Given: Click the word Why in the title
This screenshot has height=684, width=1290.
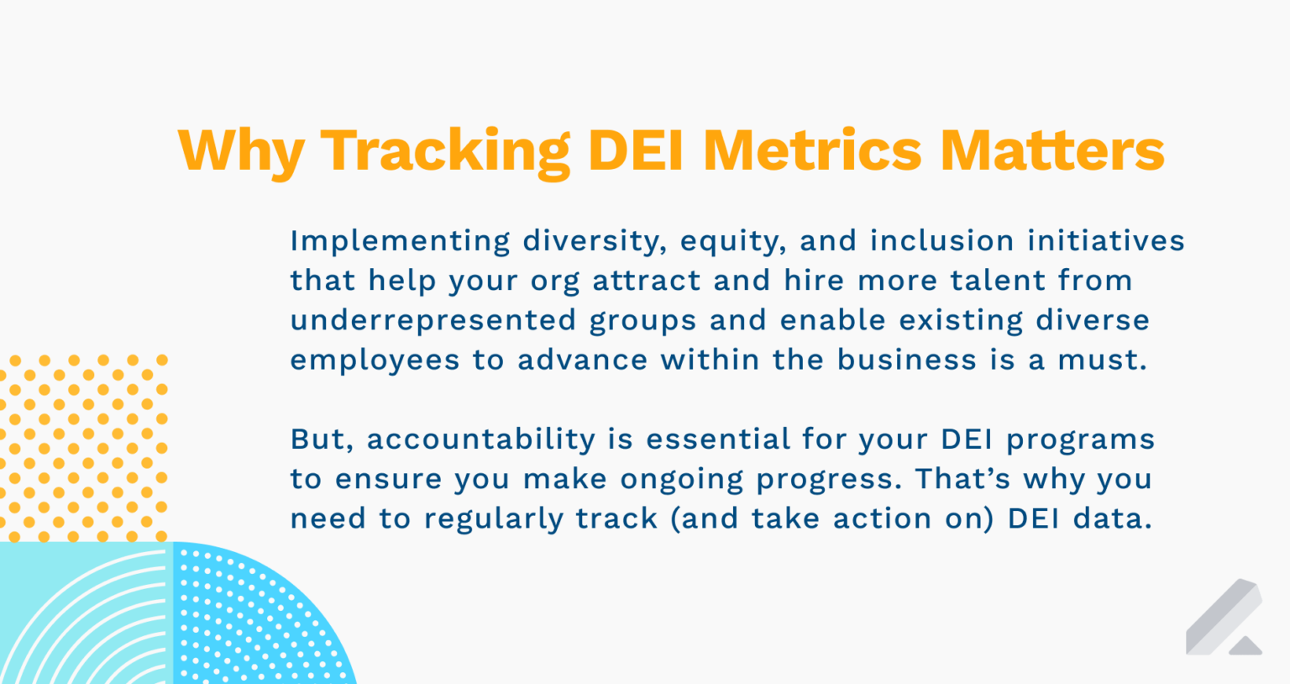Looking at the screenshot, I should tap(241, 152).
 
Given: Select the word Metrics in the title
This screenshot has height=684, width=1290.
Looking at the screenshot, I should tap(812, 150).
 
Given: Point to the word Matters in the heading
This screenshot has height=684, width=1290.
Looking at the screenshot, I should tap(1051, 150).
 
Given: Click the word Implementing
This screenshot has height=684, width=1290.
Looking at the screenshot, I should tap(400, 241).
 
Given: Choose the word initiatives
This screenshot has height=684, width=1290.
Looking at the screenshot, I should tap(1106, 241).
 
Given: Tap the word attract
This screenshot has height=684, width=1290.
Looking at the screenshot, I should tap(647, 281).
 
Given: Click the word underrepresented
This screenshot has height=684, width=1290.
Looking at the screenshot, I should tap(433, 321).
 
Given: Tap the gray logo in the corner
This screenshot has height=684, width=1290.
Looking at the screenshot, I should tap(1224, 618).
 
